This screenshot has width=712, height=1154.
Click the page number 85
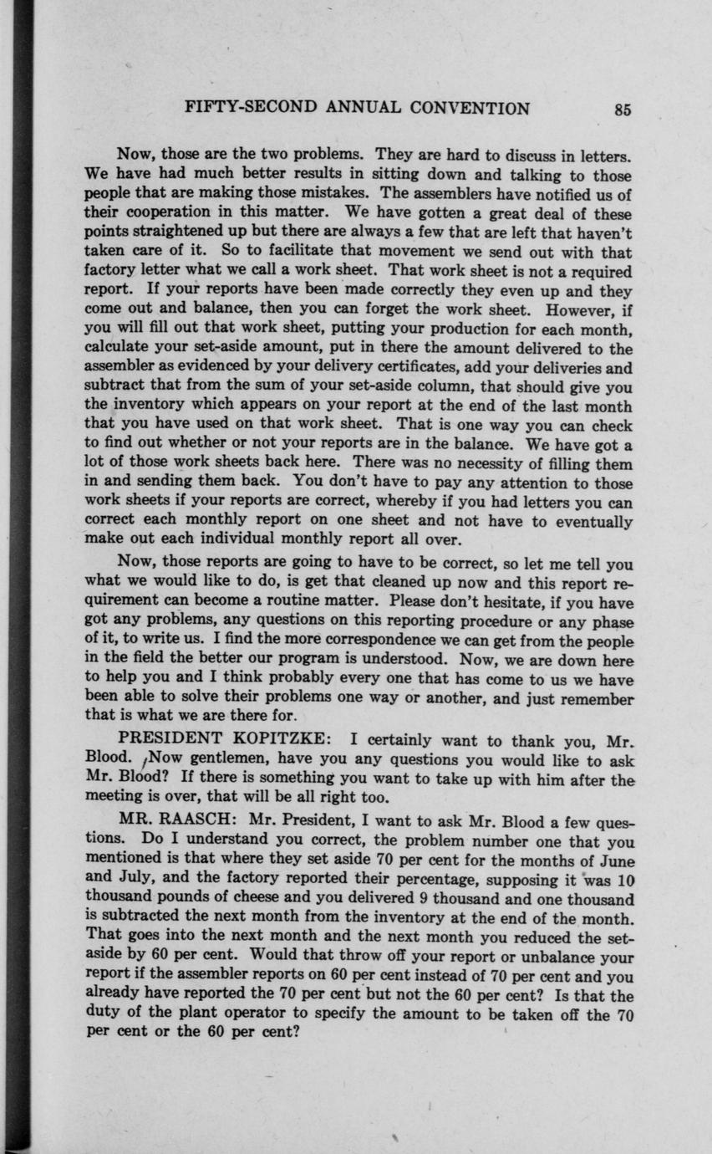pos(622,109)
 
